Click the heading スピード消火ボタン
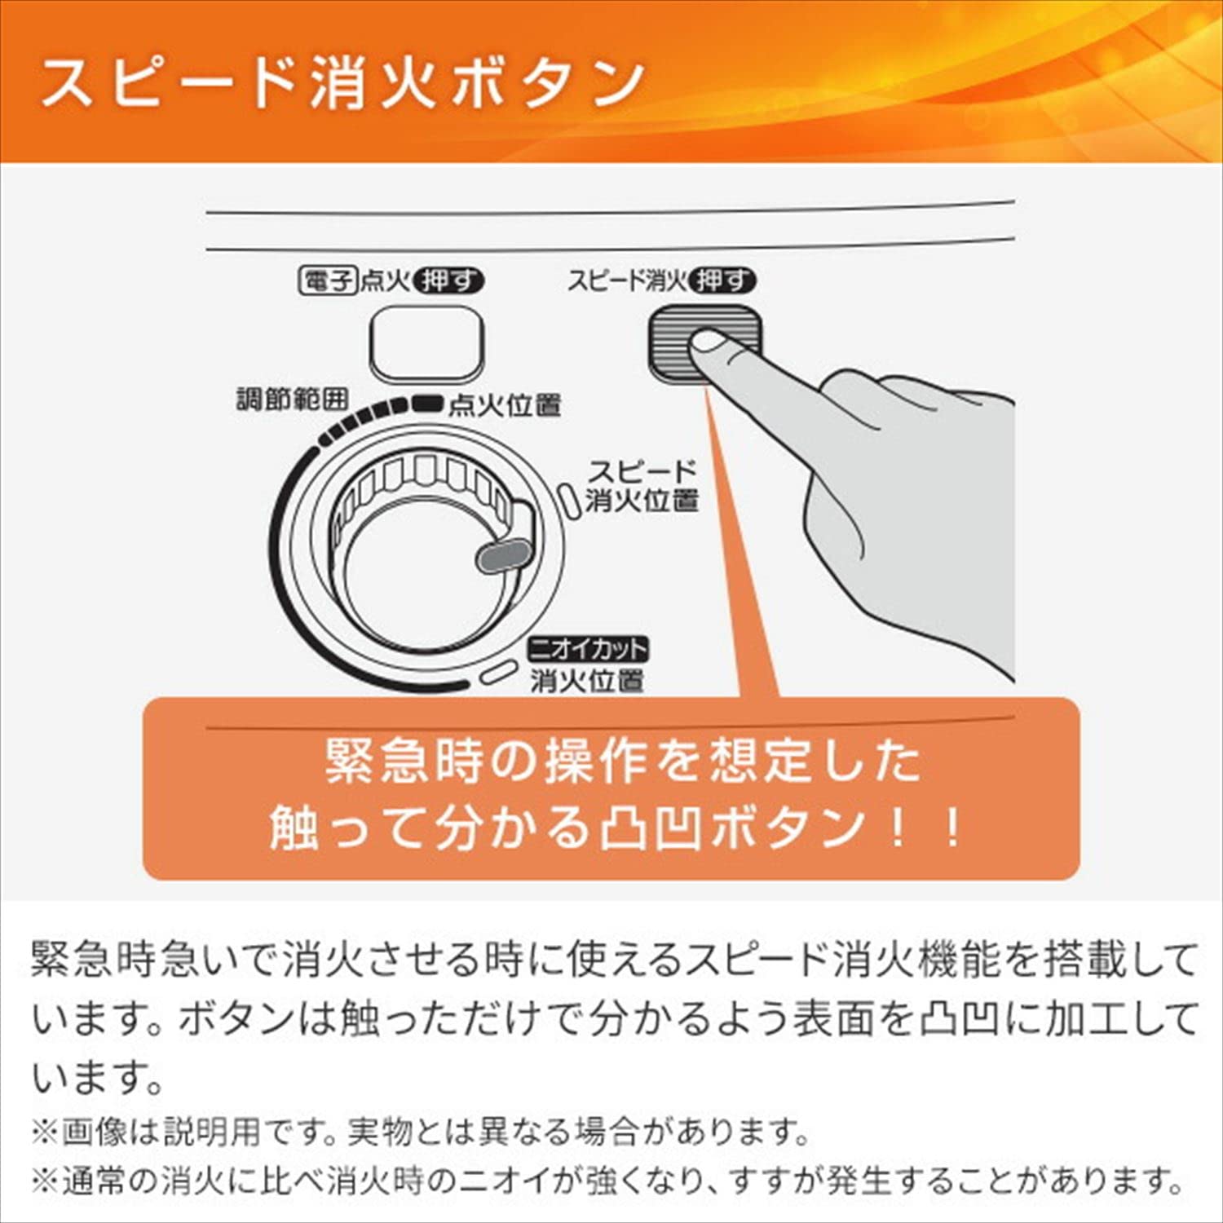point(342,83)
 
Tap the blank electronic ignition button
point(426,343)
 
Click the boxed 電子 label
point(328,282)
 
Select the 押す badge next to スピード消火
point(722,281)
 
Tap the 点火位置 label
point(505,405)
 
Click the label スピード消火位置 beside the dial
point(642,486)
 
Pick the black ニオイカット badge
point(588,650)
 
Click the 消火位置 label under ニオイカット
point(587,681)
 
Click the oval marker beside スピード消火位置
point(567,498)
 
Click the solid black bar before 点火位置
point(426,402)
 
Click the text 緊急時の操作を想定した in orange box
point(623,762)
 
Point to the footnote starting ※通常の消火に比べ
point(608,1181)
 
